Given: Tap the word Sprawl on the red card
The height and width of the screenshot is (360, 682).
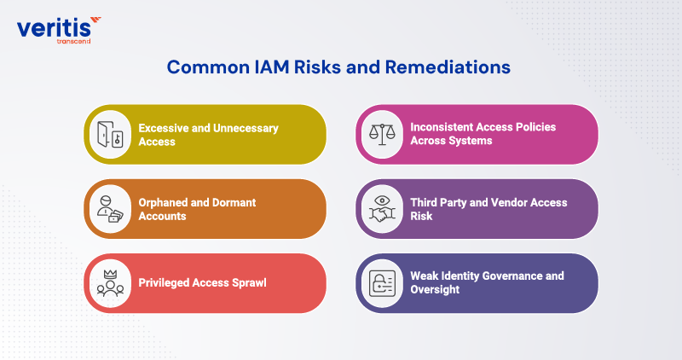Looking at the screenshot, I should coord(246,282).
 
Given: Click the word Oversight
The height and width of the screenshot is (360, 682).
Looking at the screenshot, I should coord(436,290).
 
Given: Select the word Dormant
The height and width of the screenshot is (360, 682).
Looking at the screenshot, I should coord(229,202).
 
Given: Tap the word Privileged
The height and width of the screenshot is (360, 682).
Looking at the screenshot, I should coord(165,282).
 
